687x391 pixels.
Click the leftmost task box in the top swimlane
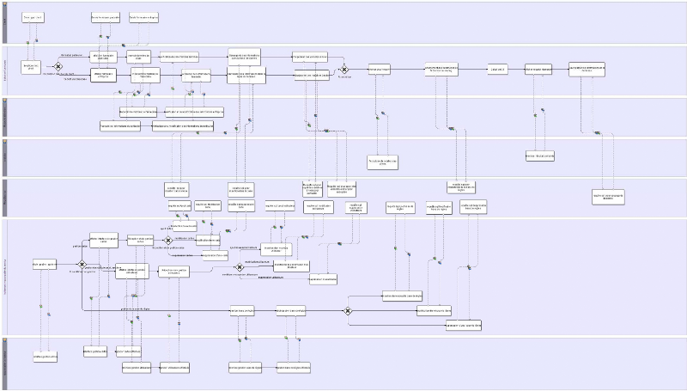click(x=32, y=17)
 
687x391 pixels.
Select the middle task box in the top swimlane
click(x=105, y=17)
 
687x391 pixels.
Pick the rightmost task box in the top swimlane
click(x=143, y=17)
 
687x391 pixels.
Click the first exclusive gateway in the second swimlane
click(x=58, y=66)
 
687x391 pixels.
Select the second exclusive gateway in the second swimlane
click(x=343, y=69)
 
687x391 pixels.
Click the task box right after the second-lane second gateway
click(x=379, y=70)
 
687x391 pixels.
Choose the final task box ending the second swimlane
click(x=587, y=69)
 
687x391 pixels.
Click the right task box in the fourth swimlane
click(x=540, y=156)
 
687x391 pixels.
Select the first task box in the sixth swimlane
click(x=45, y=264)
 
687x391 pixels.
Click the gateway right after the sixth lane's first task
click(x=82, y=265)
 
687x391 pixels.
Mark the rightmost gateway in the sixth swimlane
click(x=348, y=311)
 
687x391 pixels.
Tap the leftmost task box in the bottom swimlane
click(x=45, y=357)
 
